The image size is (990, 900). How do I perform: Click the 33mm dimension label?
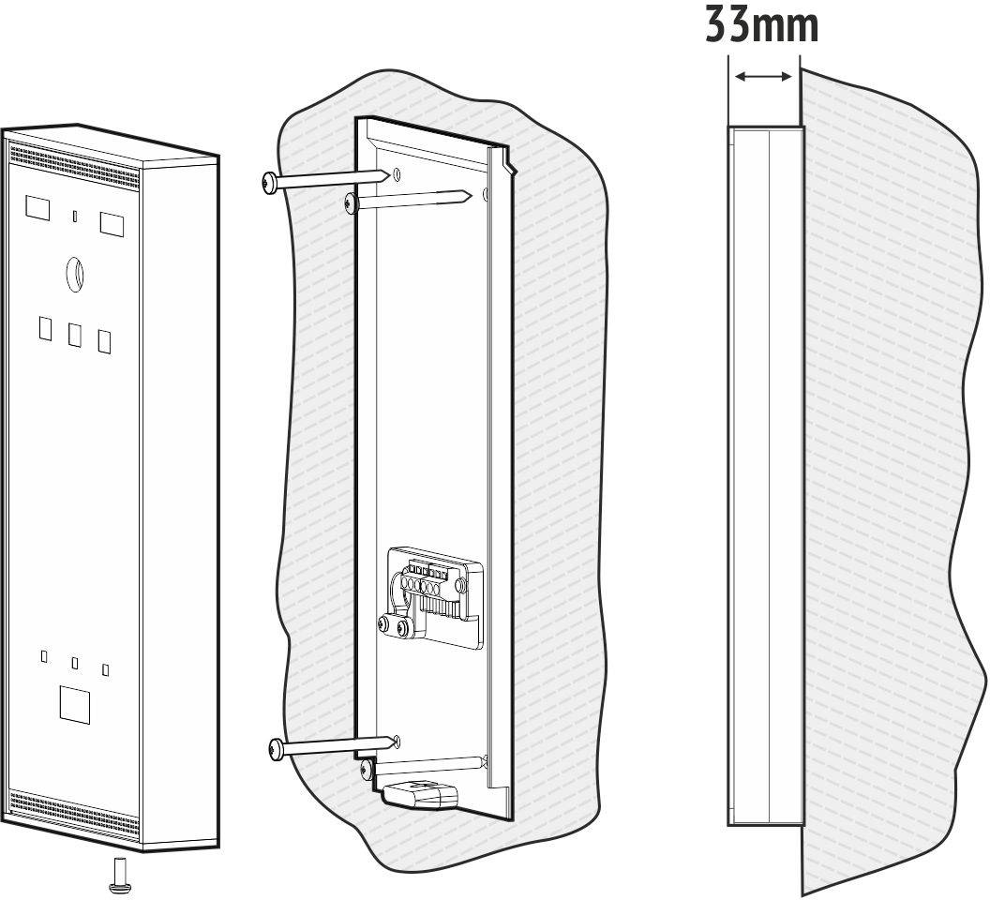(761, 25)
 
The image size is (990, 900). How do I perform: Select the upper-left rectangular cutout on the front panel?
(36, 207)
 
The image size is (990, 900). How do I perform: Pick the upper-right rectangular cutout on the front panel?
(112, 222)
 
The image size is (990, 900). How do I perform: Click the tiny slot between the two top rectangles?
(74, 217)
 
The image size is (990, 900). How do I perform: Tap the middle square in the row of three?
(75, 334)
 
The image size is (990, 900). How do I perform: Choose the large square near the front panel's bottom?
(74, 702)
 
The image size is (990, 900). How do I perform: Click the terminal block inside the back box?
(434, 586)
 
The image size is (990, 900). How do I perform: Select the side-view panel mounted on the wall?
(764, 476)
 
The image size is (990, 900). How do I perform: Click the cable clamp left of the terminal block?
(391, 624)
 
